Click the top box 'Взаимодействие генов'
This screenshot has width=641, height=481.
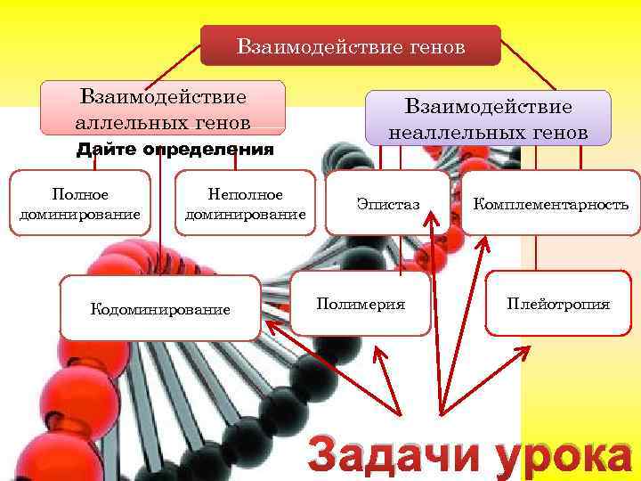coord(350,45)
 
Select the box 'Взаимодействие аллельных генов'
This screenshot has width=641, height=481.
coord(163,108)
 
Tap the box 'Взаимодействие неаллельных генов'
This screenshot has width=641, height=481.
coord(489,118)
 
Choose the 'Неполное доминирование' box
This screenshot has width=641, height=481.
coord(245,203)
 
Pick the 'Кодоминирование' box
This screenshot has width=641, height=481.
coord(160,308)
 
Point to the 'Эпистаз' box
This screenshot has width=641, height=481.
coord(388,204)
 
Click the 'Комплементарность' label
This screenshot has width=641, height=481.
coord(551,204)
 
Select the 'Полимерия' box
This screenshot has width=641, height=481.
coord(361,304)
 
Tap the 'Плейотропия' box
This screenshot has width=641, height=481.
coord(558,304)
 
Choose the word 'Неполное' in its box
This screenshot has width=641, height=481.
coord(245,193)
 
